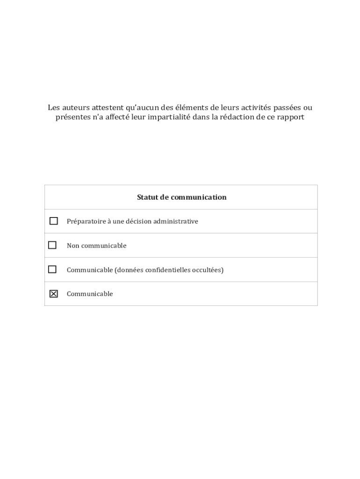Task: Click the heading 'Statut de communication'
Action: [181, 197]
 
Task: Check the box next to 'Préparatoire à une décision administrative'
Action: [53, 221]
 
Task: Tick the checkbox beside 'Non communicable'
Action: [52, 245]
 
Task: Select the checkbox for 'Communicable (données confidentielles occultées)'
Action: [52, 269]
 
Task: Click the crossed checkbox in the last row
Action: [53, 294]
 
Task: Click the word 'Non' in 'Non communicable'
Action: [73, 246]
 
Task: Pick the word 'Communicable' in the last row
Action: [90, 294]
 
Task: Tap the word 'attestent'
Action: [108, 108]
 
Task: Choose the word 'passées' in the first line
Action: [285, 108]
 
